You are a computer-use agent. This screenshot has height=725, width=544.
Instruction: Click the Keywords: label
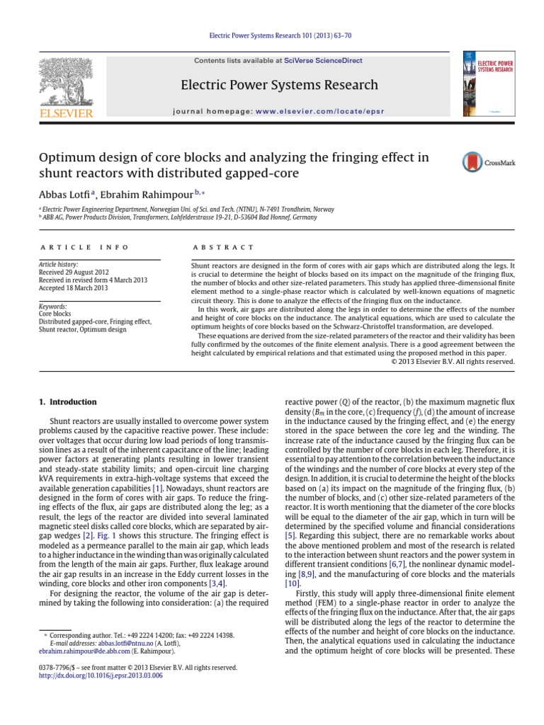pyautogui.click(x=52, y=306)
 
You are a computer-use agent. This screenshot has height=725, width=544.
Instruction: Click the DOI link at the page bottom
pyautogui.click(x=101, y=676)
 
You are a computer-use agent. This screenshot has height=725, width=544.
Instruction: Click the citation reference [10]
pyautogui.click(x=292, y=583)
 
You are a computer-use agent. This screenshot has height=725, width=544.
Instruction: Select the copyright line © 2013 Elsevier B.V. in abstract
pyautogui.click(x=453, y=361)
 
